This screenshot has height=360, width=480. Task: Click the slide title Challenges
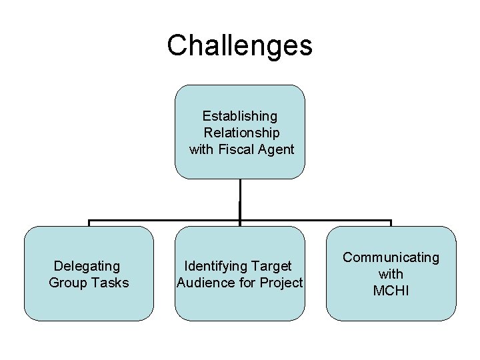tap(239, 45)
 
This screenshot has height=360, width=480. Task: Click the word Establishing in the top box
tap(240, 117)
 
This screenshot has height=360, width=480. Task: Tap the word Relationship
tap(241, 133)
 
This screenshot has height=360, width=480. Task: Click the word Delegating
tap(87, 266)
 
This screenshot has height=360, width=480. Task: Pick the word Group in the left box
tap(67, 283)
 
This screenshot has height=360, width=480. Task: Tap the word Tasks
tap(109, 283)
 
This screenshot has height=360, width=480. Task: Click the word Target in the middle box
tap(272, 266)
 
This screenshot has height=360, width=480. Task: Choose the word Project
tap(281, 283)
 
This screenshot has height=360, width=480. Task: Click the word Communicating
tap(391, 257)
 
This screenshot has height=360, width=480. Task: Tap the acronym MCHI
tap(391, 291)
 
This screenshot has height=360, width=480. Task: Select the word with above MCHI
tap(391, 274)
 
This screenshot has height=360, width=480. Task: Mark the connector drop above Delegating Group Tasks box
tap(89, 223)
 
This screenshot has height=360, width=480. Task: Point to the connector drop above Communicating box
tap(391, 223)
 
